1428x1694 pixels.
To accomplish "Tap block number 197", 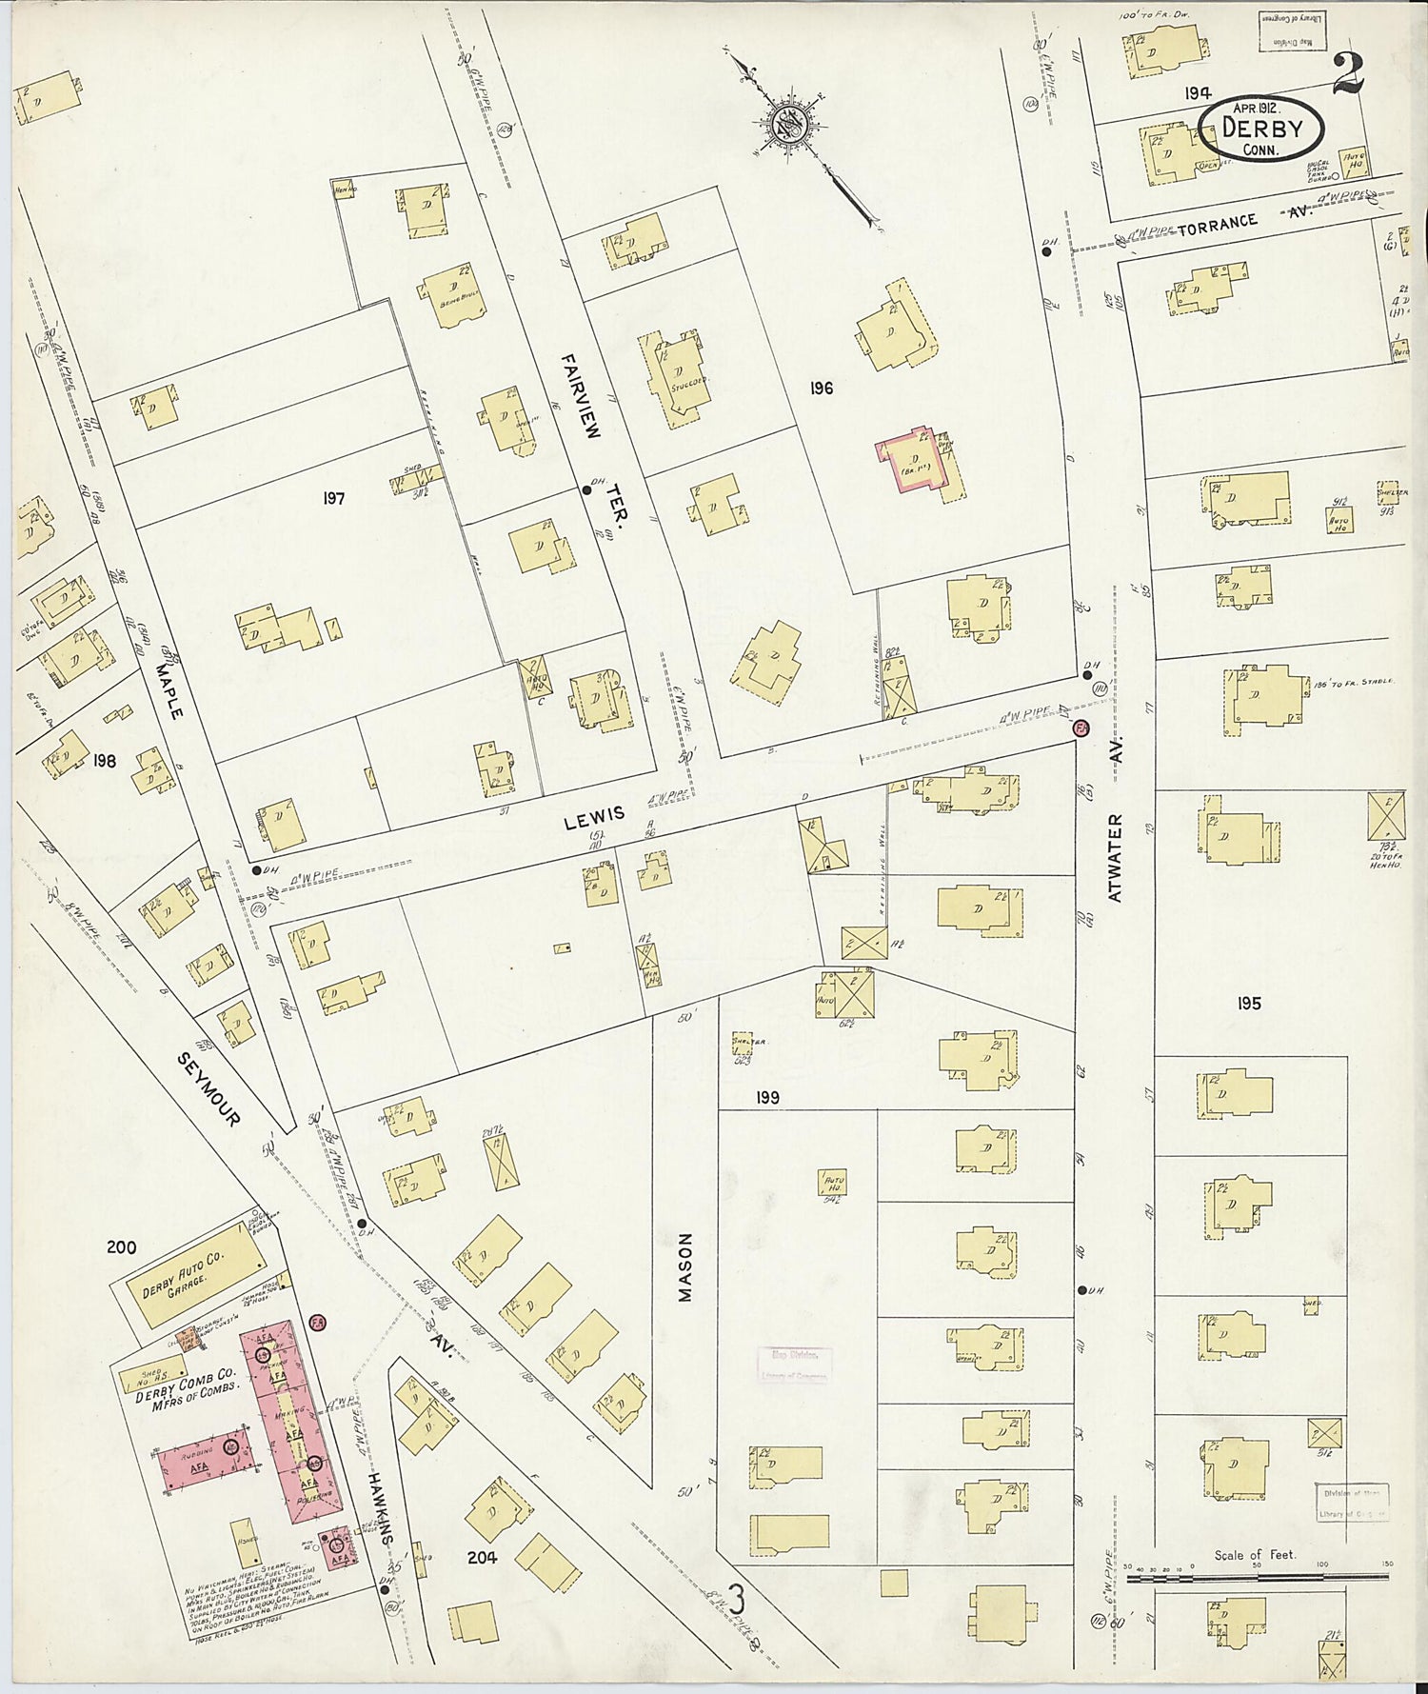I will coord(332,498).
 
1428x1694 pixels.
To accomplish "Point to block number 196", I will coord(822,388).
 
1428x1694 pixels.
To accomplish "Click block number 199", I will coord(767,1097).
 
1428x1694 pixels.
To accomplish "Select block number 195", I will coord(1248,1003).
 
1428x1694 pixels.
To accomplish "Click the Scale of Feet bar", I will coord(1257,1578).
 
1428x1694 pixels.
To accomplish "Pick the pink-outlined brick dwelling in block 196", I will coord(912,460).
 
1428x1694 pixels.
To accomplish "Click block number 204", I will coord(483,1558).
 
